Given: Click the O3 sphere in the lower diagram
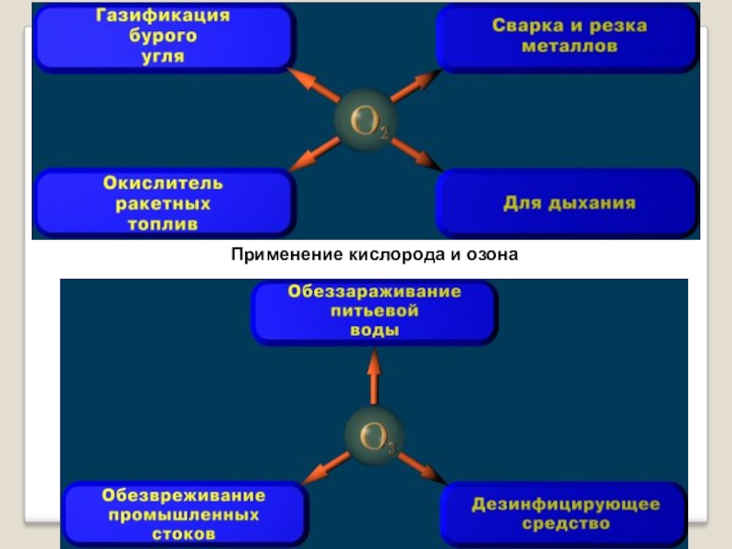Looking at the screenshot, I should pyautogui.click(x=373, y=437).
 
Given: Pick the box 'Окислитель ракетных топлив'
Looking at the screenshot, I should pyautogui.click(x=164, y=202).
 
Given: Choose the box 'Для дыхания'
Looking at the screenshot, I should pyautogui.click(x=568, y=202).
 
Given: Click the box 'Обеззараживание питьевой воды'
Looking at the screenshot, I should pyautogui.click(x=374, y=311).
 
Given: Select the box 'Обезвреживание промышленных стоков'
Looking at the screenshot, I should pyautogui.click(x=184, y=513).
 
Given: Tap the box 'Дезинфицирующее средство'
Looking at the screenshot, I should pyautogui.click(x=565, y=513).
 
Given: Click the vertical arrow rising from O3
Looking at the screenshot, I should pyautogui.click(x=373, y=380).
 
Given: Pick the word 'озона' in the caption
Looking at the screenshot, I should pyautogui.click(x=492, y=253).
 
